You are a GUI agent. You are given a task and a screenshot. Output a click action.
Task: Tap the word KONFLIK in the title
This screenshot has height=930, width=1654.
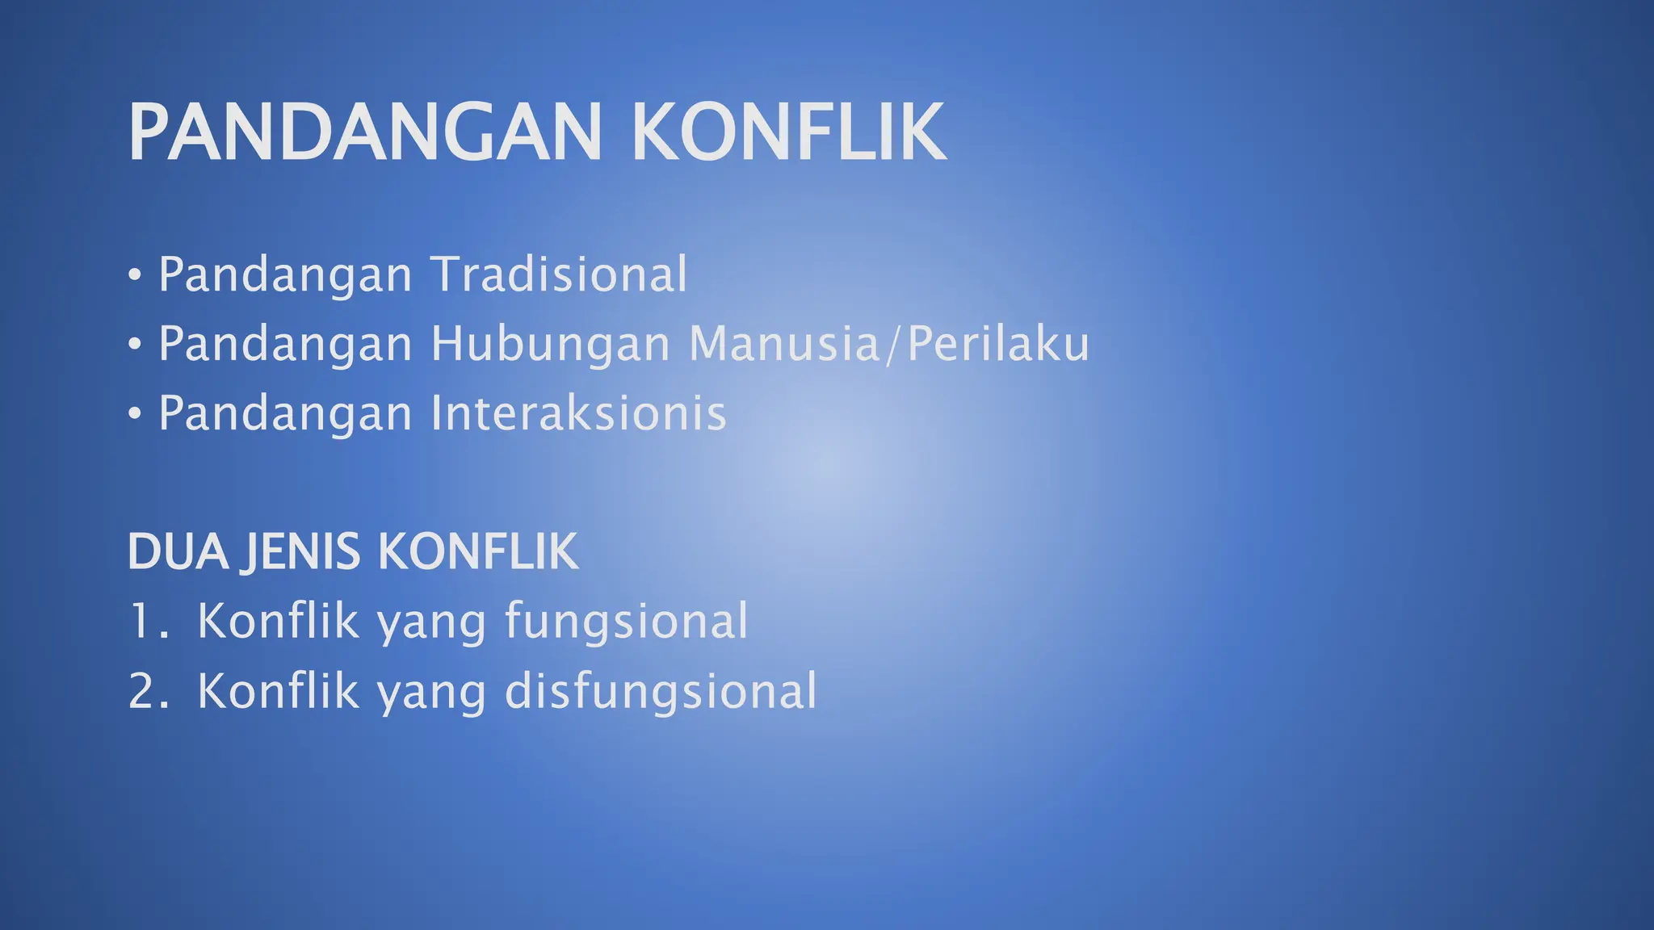(788, 132)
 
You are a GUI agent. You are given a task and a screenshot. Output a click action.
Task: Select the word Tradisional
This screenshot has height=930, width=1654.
(559, 274)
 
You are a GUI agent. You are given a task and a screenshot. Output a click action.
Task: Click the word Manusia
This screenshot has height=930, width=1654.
(783, 344)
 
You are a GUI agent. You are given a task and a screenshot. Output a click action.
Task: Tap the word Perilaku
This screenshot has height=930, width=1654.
(998, 344)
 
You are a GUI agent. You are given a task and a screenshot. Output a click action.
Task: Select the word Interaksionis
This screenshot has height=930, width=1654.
(578, 413)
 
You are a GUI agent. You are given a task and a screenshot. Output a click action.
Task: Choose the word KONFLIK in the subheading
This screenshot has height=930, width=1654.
(478, 552)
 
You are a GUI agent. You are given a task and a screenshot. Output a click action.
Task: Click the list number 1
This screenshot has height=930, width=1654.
(142, 622)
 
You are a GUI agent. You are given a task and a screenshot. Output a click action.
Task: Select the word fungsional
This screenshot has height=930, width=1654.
(627, 622)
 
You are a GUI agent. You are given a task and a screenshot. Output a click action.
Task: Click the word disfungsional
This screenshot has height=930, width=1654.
(661, 692)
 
